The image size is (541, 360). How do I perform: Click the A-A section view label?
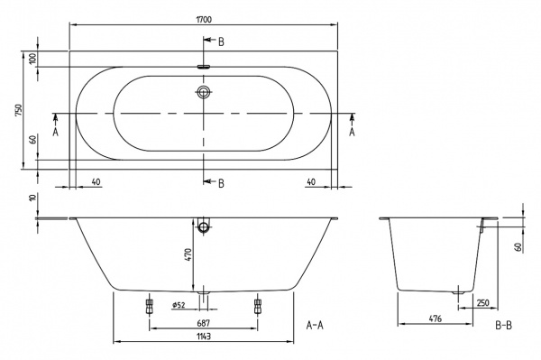tap(316, 323)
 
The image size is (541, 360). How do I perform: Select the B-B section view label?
tap(505, 323)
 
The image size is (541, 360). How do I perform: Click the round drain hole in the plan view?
tap(205, 92)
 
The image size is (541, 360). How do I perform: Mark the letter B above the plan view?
tap(221, 42)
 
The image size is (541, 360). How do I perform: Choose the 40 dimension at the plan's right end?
tap(311, 181)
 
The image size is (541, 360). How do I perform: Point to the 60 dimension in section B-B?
tap(520, 245)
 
